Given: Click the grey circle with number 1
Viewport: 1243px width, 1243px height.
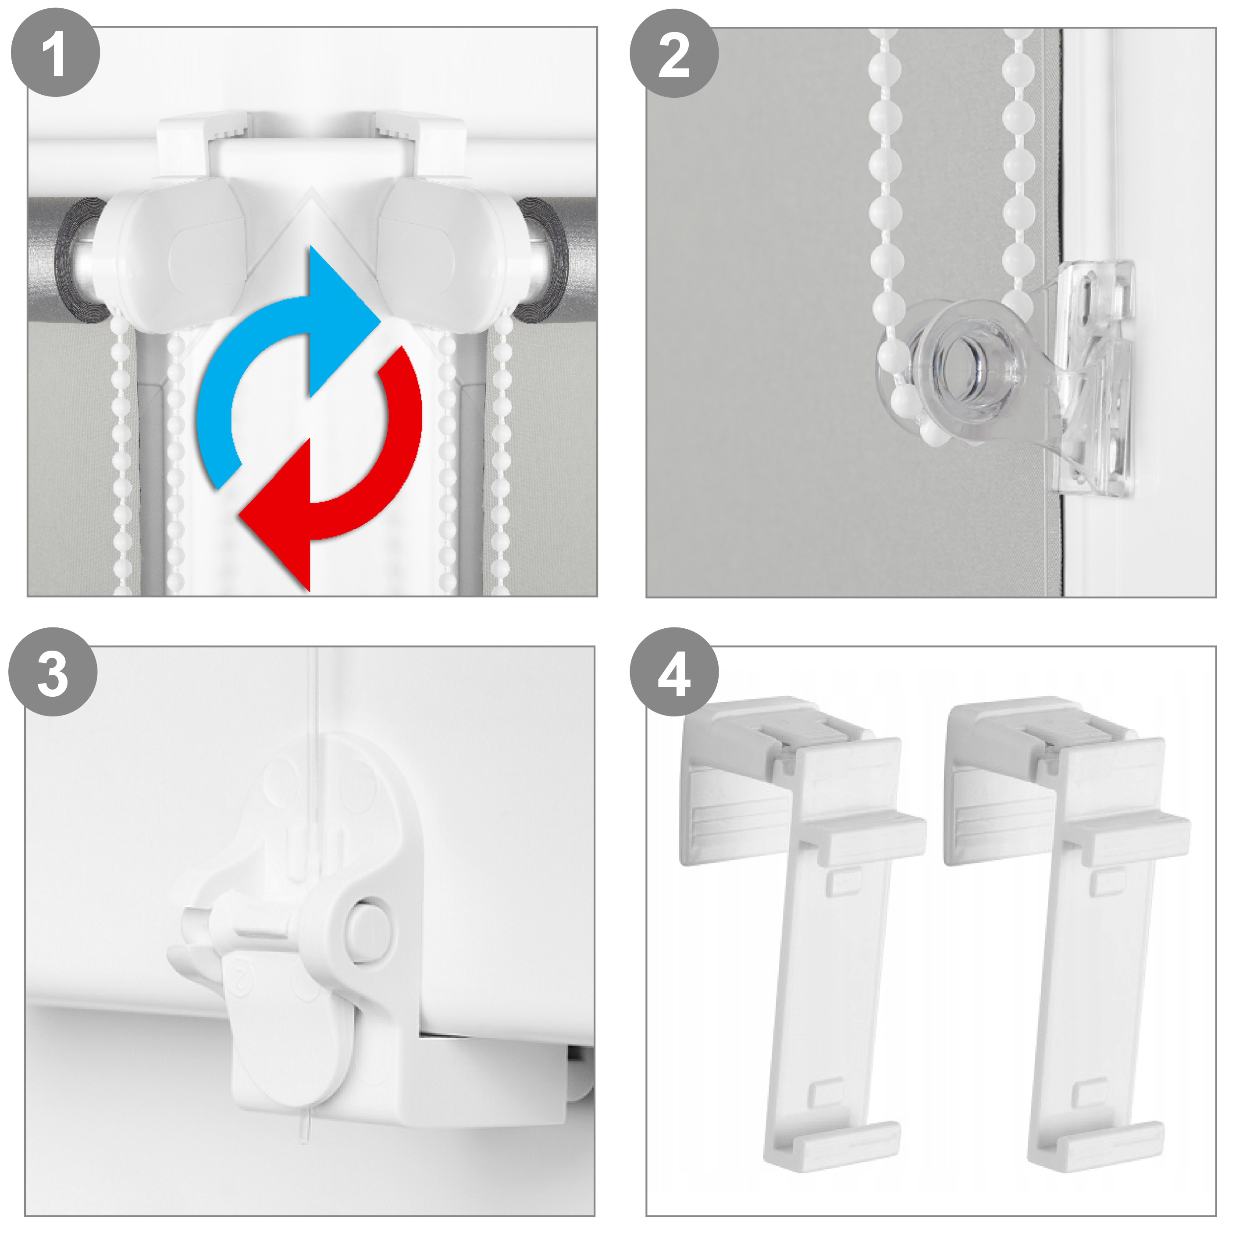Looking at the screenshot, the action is [55, 53].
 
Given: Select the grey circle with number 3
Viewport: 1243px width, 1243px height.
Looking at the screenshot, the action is [53, 672].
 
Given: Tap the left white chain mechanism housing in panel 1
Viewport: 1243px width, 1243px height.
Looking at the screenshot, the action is [174, 254].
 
